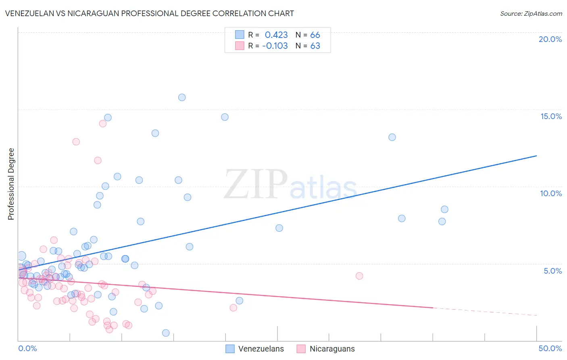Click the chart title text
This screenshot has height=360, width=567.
(x=149, y=13)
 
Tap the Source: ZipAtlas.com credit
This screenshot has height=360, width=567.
(x=531, y=13)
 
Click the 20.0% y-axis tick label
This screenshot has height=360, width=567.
(x=550, y=39)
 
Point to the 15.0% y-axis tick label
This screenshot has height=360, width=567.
(x=551, y=116)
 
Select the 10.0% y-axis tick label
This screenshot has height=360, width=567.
(x=551, y=193)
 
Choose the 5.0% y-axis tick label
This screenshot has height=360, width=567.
(x=552, y=271)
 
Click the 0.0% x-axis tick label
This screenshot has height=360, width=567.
(x=27, y=348)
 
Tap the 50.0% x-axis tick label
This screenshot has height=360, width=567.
(x=550, y=348)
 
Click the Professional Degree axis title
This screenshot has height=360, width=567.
(x=11, y=184)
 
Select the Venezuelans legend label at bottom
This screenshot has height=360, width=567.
(x=261, y=349)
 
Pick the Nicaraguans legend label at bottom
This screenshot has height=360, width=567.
(x=332, y=349)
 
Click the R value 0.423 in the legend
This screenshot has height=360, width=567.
(x=276, y=35)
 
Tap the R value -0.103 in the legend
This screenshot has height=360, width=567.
(x=275, y=46)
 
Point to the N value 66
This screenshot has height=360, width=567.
(x=315, y=35)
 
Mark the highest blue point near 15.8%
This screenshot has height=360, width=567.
(x=182, y=97)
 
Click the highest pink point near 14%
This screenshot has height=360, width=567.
(x=103, y=123)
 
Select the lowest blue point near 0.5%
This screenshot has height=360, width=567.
(x=166, y=333)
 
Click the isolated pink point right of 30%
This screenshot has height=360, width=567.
(x=359, y=276)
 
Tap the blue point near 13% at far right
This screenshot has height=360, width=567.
(x=392, y=137)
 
